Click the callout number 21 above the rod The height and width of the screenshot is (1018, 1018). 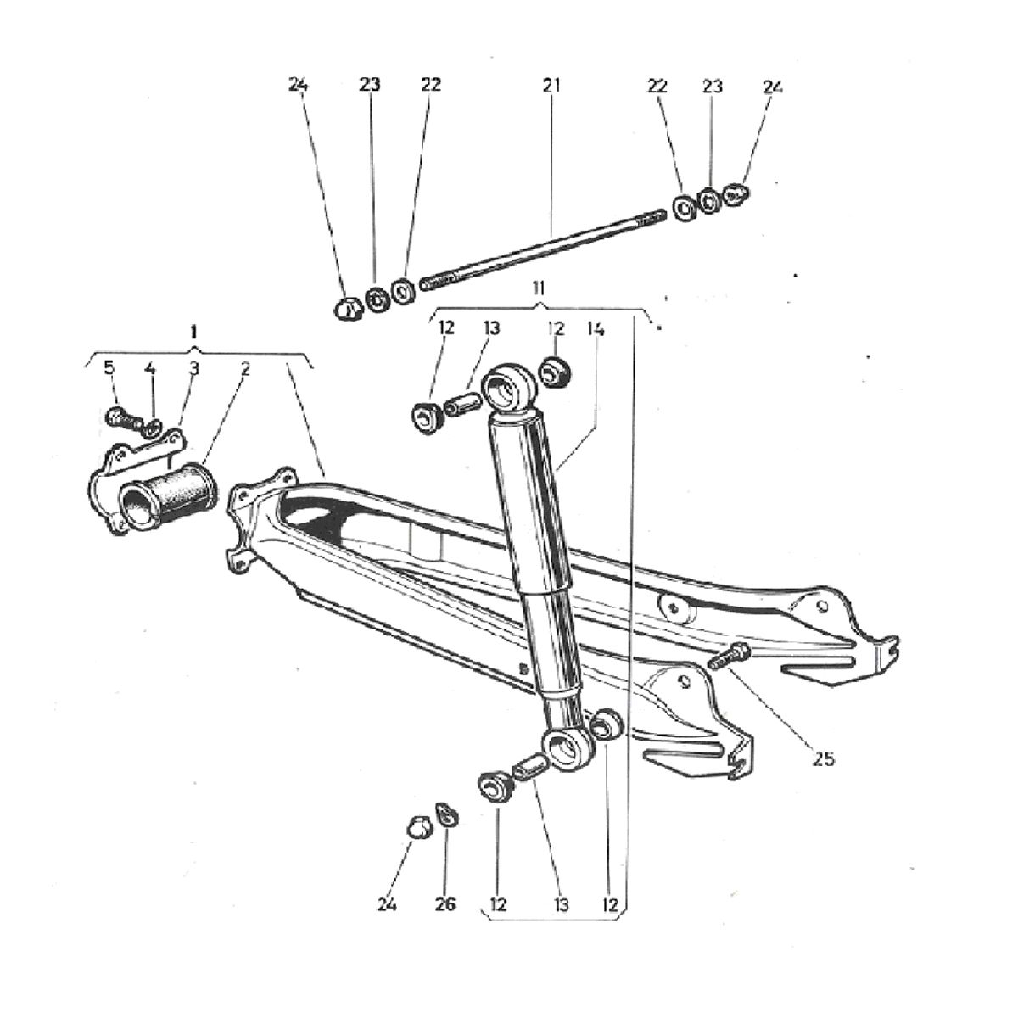coord(551,86)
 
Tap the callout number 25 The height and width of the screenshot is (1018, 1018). coord(822,758)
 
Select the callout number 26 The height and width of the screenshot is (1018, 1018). coord(445,904)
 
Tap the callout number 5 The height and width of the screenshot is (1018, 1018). coord(109,368)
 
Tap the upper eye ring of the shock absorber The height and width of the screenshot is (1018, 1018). coord(506,389)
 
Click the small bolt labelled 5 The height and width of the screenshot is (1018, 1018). coord(120,417)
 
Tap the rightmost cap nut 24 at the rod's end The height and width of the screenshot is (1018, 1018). coord(737,194)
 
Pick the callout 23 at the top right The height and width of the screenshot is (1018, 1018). coord(712,86)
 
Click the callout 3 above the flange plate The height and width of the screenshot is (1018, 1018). coord(193,368)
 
